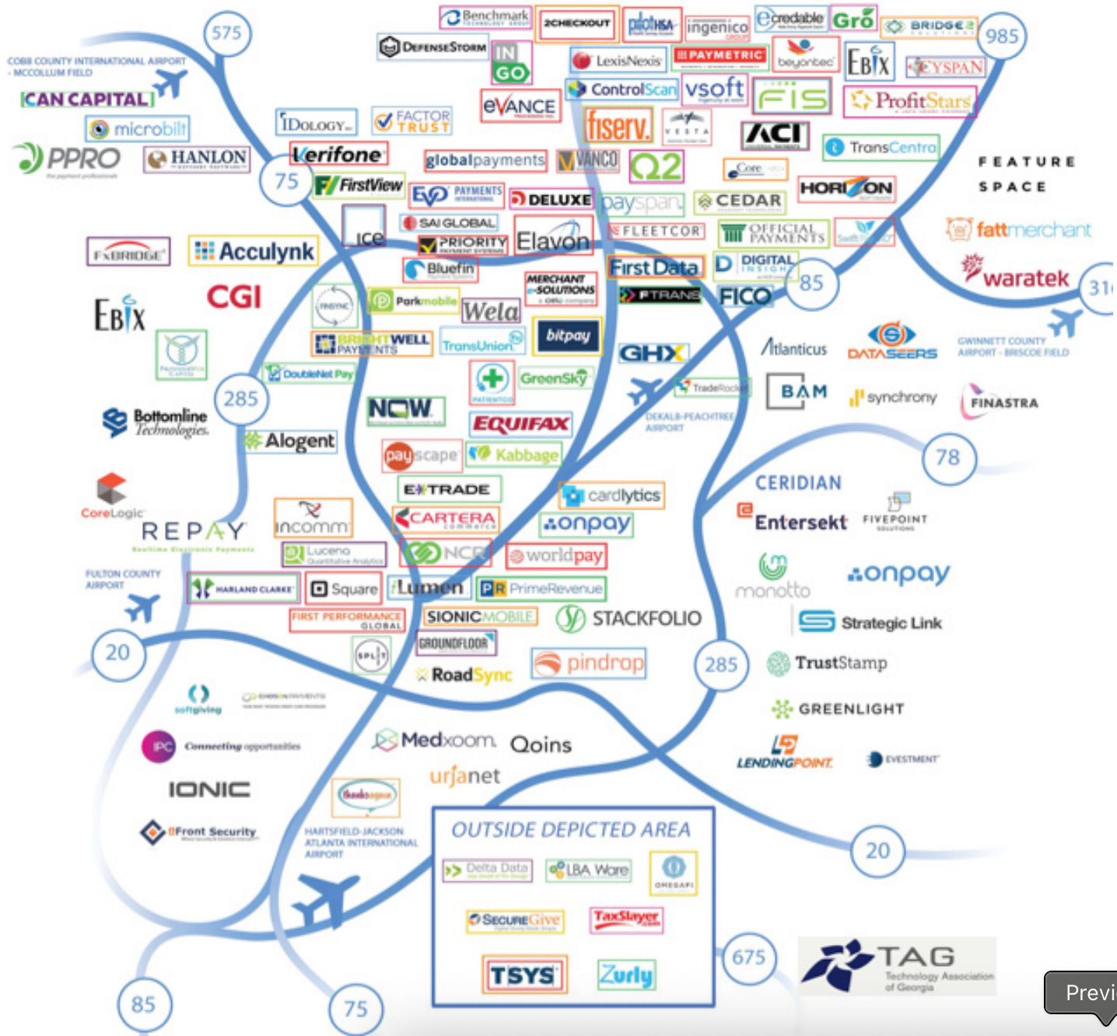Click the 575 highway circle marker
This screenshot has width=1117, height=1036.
point(226,33)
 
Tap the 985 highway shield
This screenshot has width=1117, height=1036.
point(1001,37)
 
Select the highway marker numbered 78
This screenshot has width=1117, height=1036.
point(947,457)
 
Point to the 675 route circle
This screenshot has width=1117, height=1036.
point(748,957)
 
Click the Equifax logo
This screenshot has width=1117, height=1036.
point(521,424)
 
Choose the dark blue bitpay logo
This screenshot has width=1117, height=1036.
point(567,335)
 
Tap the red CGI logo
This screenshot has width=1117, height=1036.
point(233,297)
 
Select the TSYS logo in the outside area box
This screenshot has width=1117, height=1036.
point(523,975)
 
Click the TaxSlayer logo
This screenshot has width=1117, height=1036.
point(626,919)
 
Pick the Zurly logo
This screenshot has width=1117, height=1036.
point(626,974)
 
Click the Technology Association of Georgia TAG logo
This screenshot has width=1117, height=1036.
point(897,966)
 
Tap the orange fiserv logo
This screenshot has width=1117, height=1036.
point(618,125)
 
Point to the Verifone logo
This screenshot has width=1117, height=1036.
point(338,155)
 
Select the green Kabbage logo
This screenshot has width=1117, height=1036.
point(514,455)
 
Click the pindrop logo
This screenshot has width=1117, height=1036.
point(589,663)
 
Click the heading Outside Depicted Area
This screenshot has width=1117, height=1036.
point(571,830)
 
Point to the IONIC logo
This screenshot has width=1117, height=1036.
point(209,789)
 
